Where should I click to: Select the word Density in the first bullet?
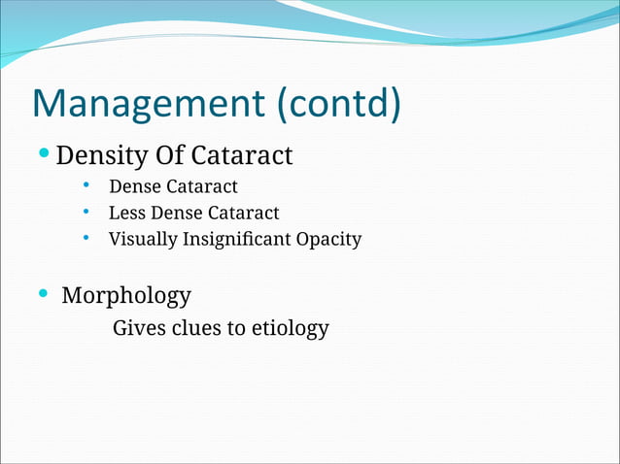coord(103,154)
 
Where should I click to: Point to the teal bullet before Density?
coord(46,153)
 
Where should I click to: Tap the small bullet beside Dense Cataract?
coord(86,185)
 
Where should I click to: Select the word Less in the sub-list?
coord(125,213)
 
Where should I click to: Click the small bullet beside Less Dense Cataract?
coord(86,212)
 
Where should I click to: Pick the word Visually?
coord(143,239)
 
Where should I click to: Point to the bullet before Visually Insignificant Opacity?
coord(86,238)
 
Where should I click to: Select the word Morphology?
coord(126,295)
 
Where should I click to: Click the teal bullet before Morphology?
coord(42,292)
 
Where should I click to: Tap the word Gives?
coord(139,328)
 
